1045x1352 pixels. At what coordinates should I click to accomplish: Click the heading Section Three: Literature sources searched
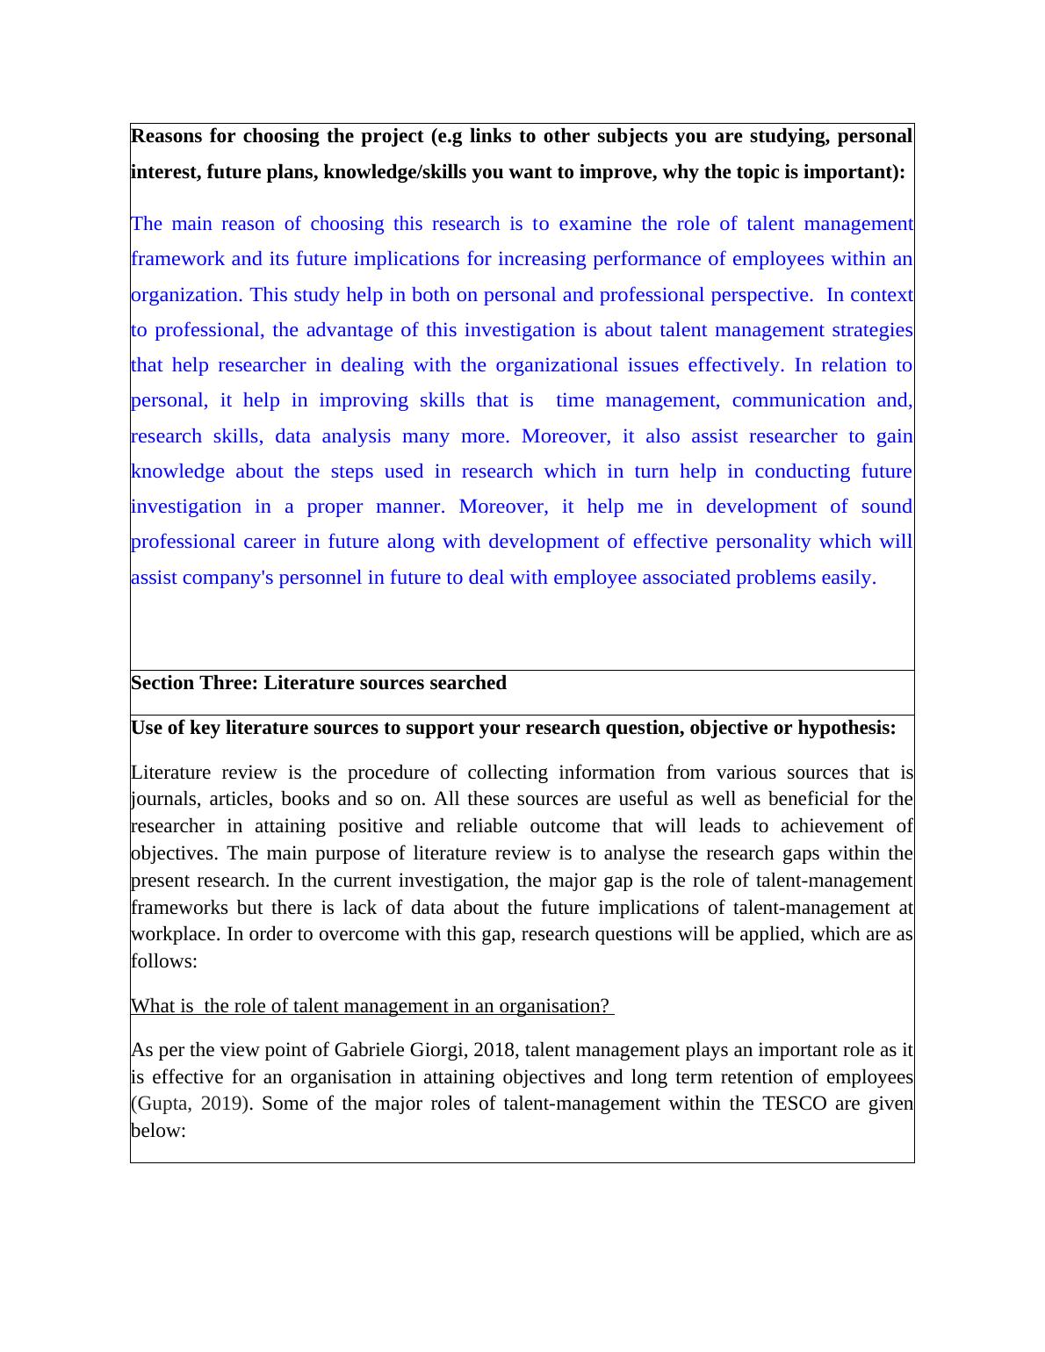pyautogui.click(x=319, y=683)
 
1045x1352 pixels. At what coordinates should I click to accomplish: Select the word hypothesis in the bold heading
pyautogui.click(x=847, y=728)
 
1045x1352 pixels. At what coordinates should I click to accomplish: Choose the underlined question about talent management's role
pyautogui.click(x=371, y=1006)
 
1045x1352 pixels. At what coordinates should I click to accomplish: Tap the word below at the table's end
pyautogui.click(x=158, y=1131)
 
